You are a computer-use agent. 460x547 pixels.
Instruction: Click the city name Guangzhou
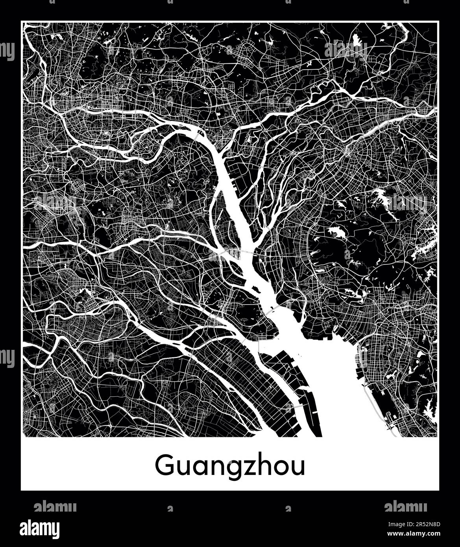(x=230, y=466)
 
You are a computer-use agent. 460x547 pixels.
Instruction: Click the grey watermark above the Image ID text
(x=405, y=506)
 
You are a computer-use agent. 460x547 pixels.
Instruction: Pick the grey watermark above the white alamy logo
(x=55, y=506)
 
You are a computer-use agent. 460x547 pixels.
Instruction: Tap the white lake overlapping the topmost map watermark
(x=357, y=41)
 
